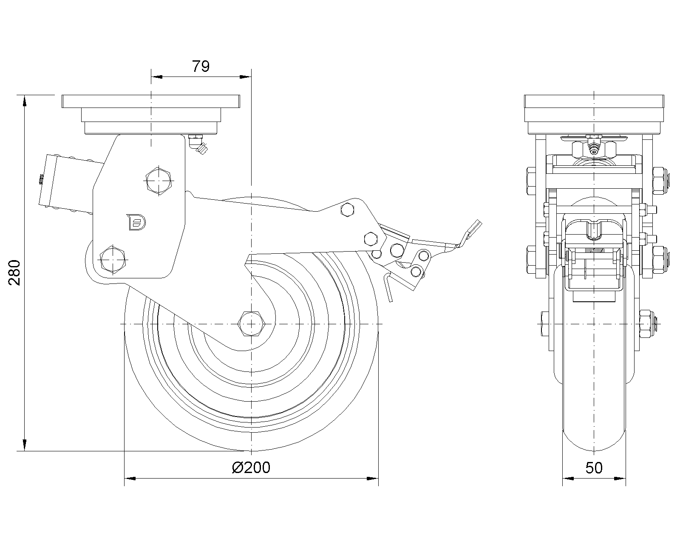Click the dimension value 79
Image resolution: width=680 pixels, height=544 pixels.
[201, 66]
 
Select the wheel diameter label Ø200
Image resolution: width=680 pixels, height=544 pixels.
[251, 467]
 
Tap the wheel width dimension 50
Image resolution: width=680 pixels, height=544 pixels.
[594, 468]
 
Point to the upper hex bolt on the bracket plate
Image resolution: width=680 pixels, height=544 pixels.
[159, 180]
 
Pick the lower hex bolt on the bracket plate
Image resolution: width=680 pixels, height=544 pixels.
[113, 258]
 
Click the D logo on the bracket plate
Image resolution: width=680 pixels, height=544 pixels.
[136, 222]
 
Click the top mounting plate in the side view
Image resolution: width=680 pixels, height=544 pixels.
[151, 102]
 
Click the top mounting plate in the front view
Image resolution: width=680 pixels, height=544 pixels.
[594, 102]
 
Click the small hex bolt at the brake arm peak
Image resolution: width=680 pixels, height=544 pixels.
[348, 210]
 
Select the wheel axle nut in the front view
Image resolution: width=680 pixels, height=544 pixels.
[646, 324]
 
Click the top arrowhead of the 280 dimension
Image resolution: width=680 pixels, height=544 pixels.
[25, 100]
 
